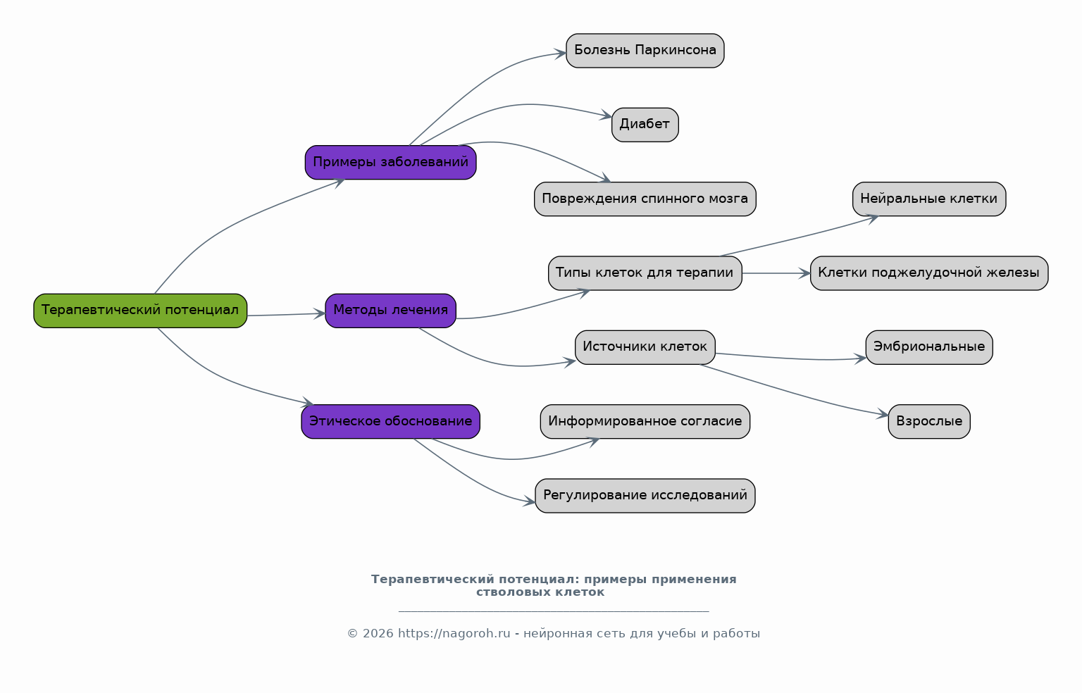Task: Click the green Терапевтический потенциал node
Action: pyautogui.click(x=140, y=311)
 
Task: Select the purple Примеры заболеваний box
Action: pyautogui.click(x=391, y=162)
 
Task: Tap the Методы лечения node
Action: pyautogui.click(x=391, y=311)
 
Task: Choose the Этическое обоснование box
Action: pyautogui.click(x=391, y=422)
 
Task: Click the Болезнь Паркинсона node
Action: pyautogui.click(x=645, y=51)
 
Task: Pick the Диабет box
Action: pyautogui.click(x=645, y=125)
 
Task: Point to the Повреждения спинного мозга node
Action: pyautogui.click(x=645, y=199)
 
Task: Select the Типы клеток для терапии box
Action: pyautogui.click(x=645, y=273)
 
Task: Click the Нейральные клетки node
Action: pyautogui.click(x=929, y=199)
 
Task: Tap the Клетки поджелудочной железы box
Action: pyautogui.click(x=929, y=273)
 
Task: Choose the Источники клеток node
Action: pyautogui.click(x=645, y=347)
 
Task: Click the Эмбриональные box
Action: pyautogui.click(x=929, y=347)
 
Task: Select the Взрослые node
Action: pyautogui.click(x=929, y=422)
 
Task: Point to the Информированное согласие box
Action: pyautogui.click(x=645, y=422)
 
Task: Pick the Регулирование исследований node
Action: pyautogui.click(x=645, y=496)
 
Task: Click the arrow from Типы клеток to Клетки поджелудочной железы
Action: pyautogui.click(x=776, y=273)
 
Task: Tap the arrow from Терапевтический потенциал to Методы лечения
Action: pyautogui.click(x=286, y=314)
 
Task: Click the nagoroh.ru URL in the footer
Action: pyautogui.click(x=454, y=634)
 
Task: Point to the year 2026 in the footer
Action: pyautogui.click(x=378, y=634)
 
